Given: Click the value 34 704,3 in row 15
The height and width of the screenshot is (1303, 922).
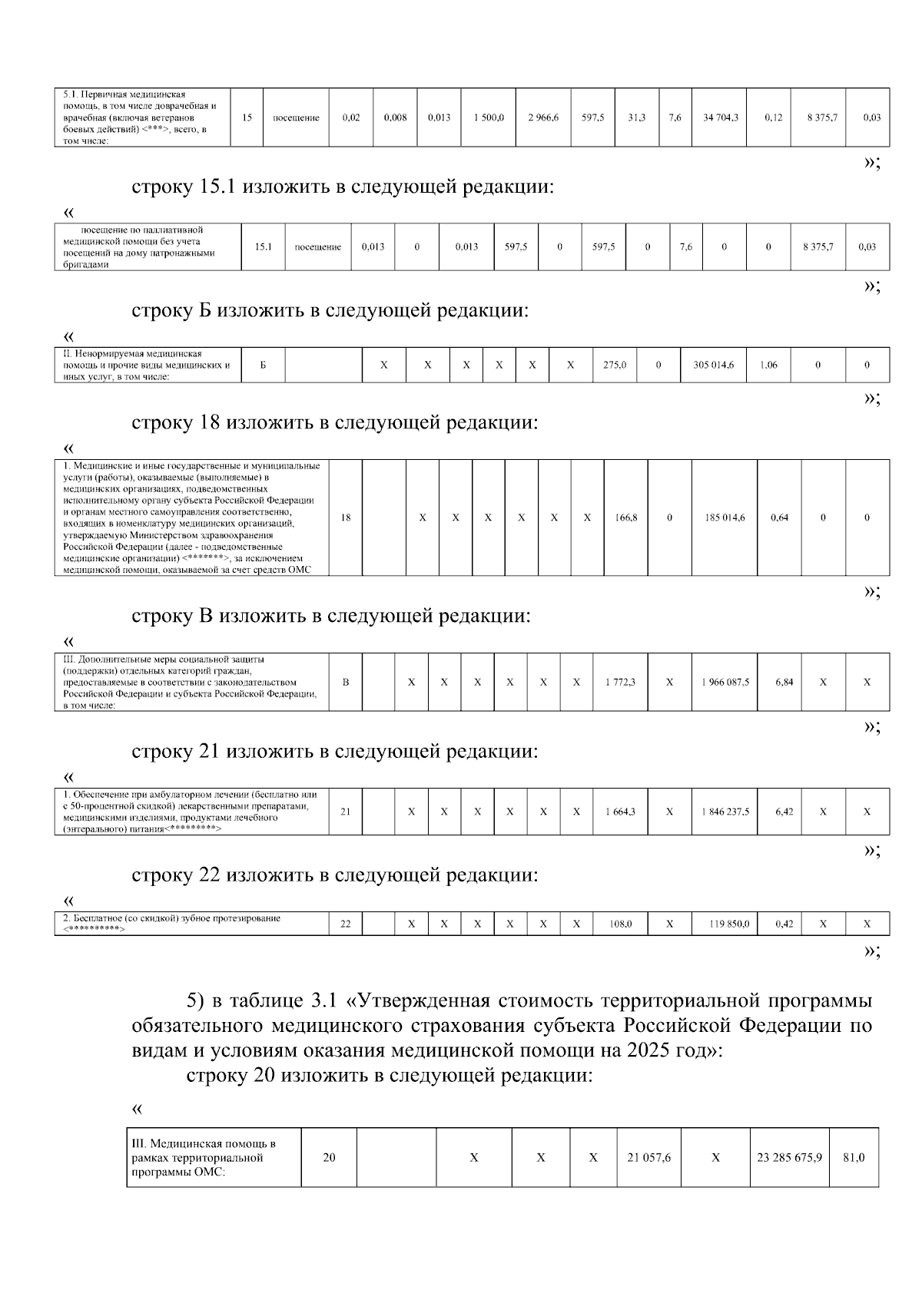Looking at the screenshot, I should click(720, 117).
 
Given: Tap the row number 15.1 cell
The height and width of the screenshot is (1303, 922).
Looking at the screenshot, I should click(263, 247).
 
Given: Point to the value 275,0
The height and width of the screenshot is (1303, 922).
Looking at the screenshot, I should click(615, 365).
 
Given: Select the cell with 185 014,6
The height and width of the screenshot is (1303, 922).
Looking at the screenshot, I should click(725, 518).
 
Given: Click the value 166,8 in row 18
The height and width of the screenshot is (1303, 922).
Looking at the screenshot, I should click(626, 518).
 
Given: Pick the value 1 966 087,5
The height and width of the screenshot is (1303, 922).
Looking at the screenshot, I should click(725, 683).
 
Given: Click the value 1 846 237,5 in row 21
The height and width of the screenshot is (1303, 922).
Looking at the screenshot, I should click(725, 812).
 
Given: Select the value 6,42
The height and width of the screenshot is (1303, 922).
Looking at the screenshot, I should click(784, 812).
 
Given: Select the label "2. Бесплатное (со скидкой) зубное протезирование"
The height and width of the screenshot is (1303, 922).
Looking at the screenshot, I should click(171, 918).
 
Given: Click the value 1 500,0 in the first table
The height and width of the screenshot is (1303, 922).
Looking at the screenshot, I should click(489, 117).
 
